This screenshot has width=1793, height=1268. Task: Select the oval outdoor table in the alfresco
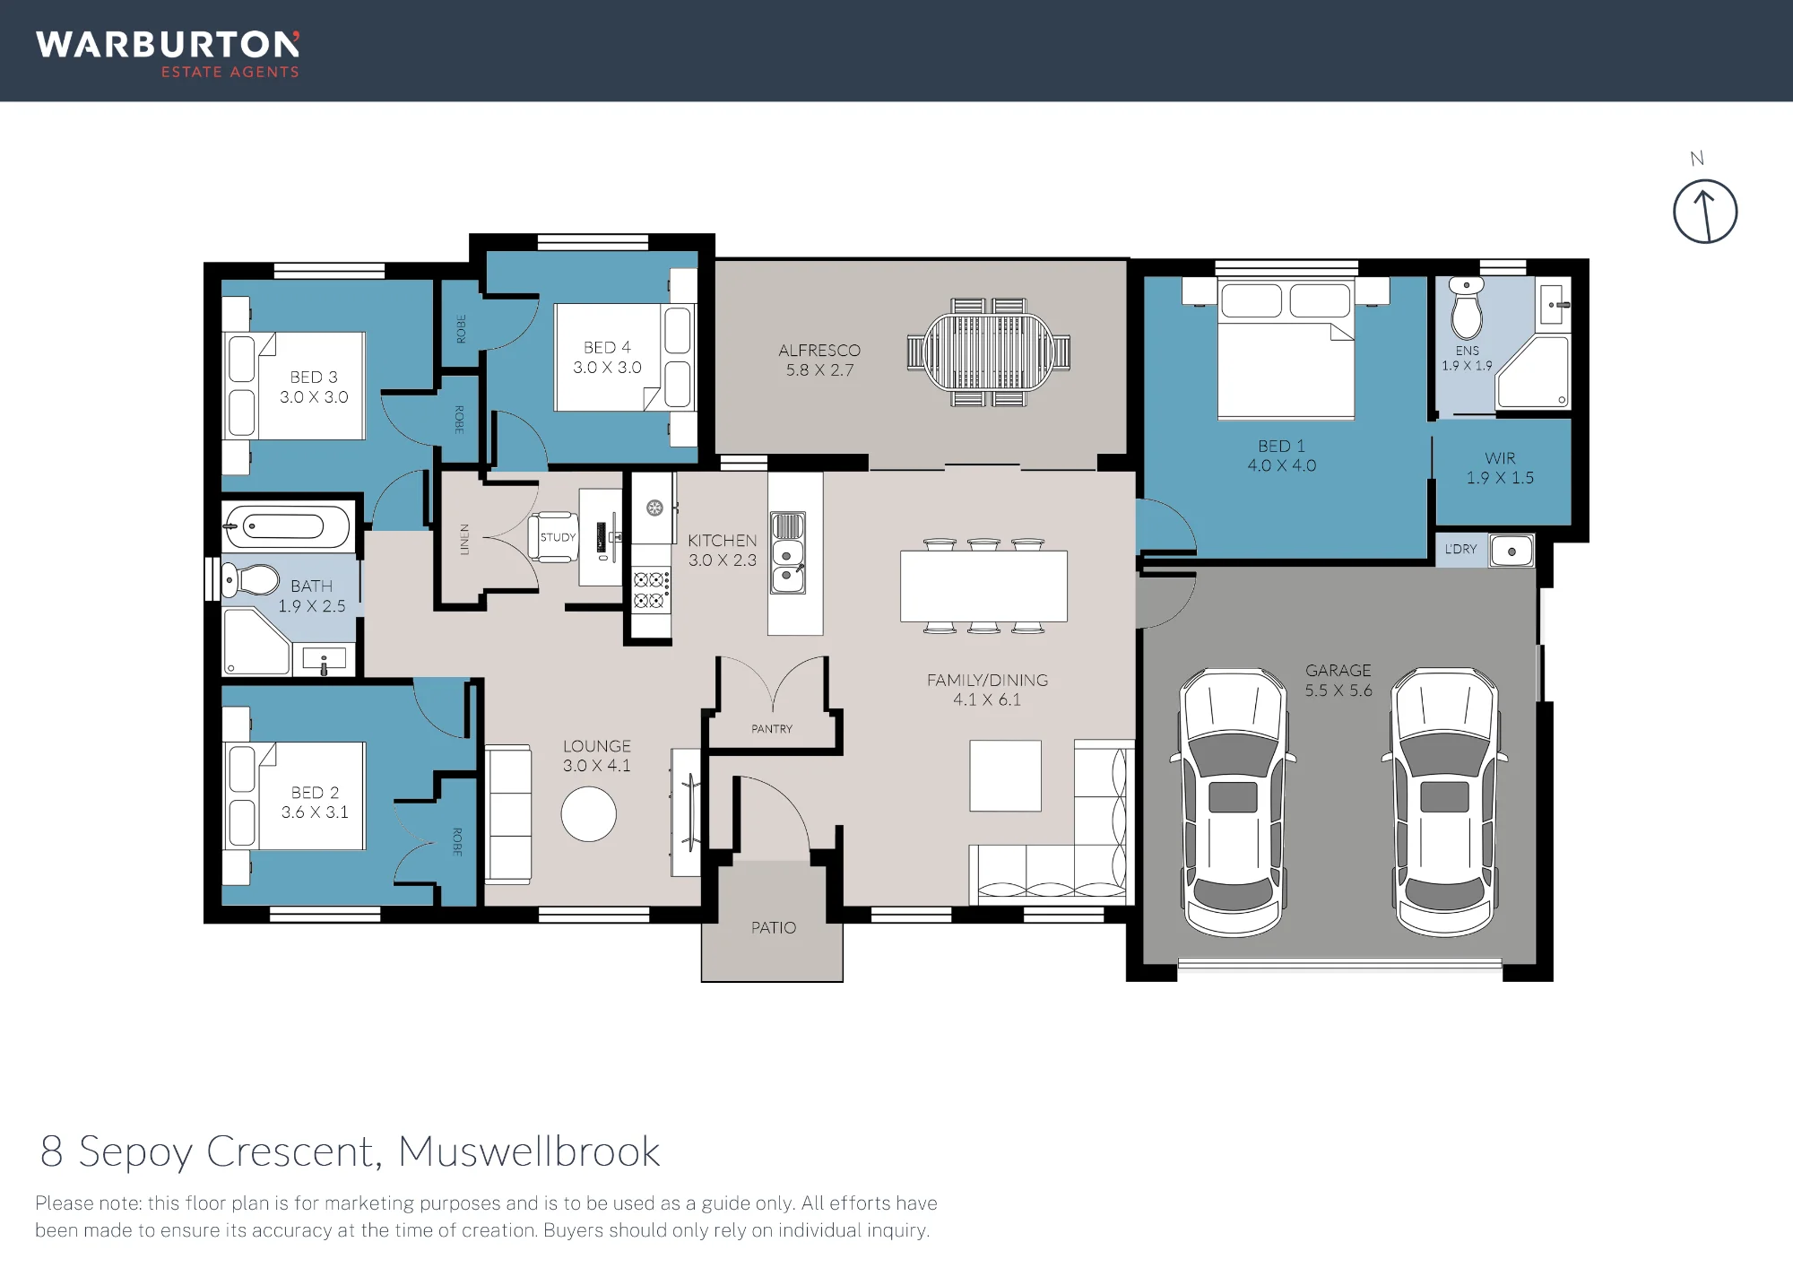point(989,352)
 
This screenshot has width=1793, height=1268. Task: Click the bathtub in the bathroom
point(287,525)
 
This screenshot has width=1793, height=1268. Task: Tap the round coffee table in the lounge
point(589,813)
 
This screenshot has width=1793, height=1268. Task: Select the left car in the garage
point(1233,803)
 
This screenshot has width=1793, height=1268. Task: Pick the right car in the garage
point(1444,802)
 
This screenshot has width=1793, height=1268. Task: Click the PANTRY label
point(772,729)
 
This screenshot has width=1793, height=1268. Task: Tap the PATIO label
point(774,927)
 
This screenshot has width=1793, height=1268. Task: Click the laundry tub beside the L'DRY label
point(1511,551)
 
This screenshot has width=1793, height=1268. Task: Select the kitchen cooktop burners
point(651,589)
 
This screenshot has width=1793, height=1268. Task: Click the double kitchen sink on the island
point(788,552)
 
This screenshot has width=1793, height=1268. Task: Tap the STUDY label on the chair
point(558,537)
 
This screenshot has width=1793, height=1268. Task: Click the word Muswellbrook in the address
point(529,1151)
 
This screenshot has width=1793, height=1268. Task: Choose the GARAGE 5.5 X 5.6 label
point(1338,681)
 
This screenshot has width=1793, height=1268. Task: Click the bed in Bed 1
point(1286,349)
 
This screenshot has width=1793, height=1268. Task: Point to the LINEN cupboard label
point(464,540)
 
